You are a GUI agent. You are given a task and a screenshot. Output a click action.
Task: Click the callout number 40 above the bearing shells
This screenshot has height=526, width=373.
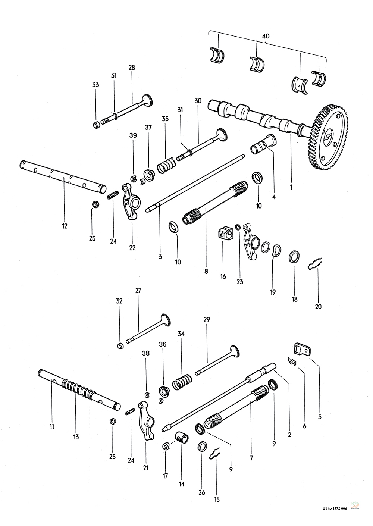pos(266,36)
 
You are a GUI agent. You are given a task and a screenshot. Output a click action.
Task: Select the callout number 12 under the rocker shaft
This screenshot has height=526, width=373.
pos(65,226)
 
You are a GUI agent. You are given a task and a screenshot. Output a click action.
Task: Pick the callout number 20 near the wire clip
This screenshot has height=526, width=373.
pos(318,307)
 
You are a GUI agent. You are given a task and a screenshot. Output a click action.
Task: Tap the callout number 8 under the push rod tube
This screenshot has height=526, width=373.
pos(206,272)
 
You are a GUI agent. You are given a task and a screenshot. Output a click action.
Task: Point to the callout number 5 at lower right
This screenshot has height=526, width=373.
pos(320,416)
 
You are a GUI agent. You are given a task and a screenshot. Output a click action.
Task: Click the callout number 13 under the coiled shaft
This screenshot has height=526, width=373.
pos(76,437)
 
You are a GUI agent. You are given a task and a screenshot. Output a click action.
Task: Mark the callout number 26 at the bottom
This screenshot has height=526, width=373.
pos(202,492)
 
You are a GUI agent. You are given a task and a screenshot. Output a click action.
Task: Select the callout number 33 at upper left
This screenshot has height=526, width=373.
pos(95,85)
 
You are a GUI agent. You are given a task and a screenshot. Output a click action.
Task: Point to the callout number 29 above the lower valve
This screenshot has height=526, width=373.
pos(207,320)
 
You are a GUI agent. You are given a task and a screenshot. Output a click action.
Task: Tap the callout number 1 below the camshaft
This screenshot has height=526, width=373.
pos(291,185)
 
